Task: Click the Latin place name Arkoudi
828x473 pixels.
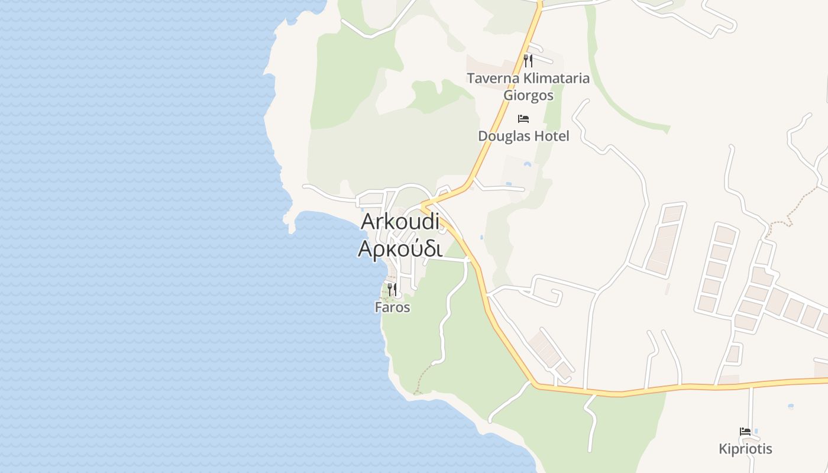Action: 400,222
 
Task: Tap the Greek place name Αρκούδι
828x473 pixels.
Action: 400,248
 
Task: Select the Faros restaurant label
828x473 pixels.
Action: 392,307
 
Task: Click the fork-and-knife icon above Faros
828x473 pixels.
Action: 392,290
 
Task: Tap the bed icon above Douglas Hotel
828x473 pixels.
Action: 523,119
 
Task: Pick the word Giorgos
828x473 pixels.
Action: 528,95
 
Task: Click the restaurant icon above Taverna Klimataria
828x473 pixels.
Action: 528,60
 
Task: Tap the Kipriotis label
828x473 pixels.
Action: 745,449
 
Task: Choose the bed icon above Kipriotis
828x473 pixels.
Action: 745,432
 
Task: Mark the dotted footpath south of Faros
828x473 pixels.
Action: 422,378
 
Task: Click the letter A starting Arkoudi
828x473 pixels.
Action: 368,222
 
